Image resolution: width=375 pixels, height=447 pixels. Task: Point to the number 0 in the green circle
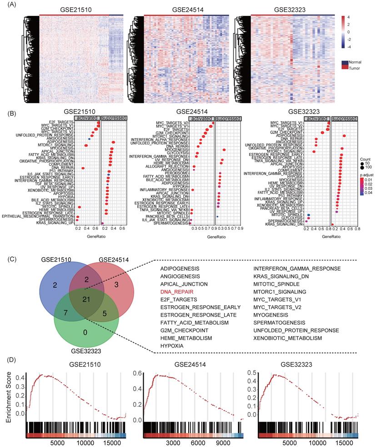(85, 332)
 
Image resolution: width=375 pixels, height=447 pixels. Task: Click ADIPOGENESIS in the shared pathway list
(180, 268)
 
